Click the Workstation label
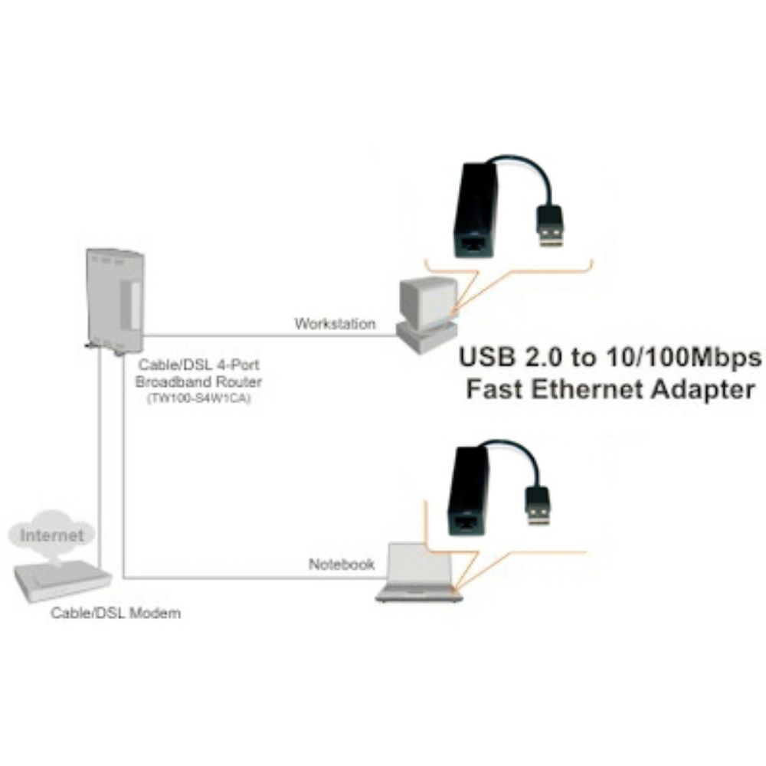pyautogui.click(x=336, y=323)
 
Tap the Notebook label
pyautogui.click(x=342, y=565)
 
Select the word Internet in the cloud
pyautogui.click(x=52, y=535)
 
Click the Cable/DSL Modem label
pyautogui.click(x=116, y=613)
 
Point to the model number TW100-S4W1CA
pyautogui.click(x=199, y=398)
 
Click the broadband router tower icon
pyautogui.click(x=114, y=303)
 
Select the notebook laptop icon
pyautogui.click(x=419, y=571)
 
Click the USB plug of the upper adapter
pyautogui.click(x=551, y=226)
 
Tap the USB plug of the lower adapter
pyautogui.click(x=538, y=506)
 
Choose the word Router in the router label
pyautogui.click(x=239, y=381)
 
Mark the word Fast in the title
pyautogui.click(x=495, y=389)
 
